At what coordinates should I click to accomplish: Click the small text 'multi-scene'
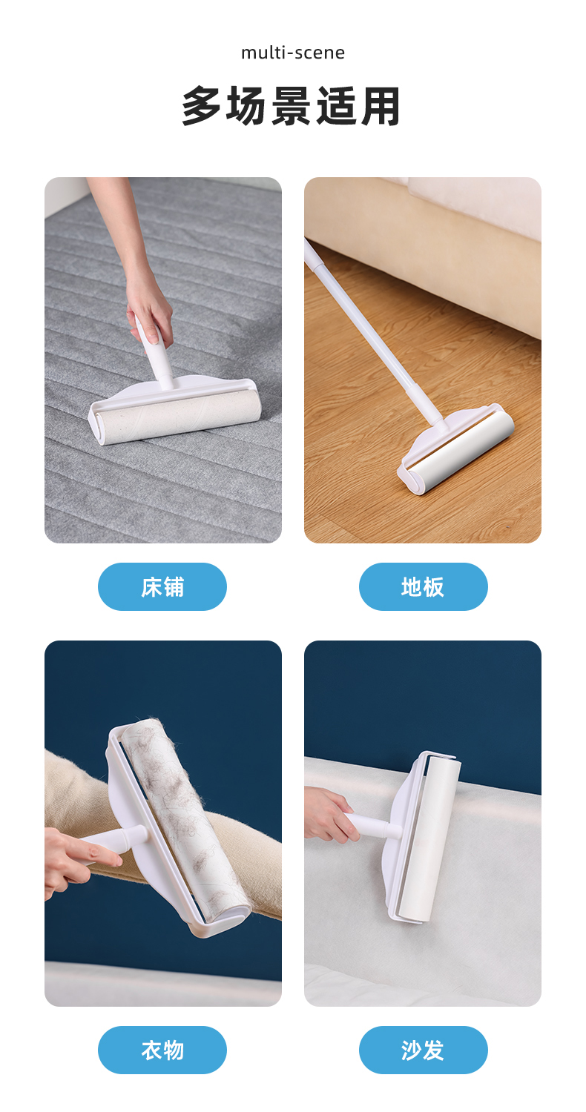(292, 53)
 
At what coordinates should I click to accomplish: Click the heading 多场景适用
(291, 106)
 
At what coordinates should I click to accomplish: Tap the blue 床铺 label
(162, 587)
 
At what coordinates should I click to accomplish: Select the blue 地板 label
(423, 587)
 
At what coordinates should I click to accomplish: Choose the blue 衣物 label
(162, 1050)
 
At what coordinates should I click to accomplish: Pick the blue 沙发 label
(423, 1050)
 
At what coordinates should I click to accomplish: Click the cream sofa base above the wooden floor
(422, 258)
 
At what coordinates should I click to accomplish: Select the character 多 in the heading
(201, 106)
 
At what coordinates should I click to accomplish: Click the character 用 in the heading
(381, 106)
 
